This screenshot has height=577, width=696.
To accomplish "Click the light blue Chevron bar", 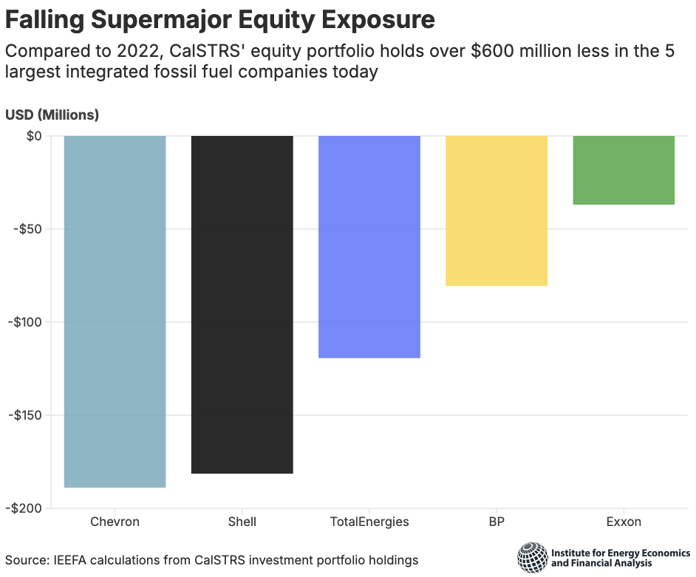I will pos(115,311).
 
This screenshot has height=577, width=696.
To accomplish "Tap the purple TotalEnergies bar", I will pos(369,247).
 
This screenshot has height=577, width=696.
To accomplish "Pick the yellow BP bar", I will pos(496,211).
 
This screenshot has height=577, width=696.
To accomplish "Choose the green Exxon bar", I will pos(624,170).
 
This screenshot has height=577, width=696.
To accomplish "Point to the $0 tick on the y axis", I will pos(33,136).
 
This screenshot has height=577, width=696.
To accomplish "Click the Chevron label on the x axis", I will pos(115,522).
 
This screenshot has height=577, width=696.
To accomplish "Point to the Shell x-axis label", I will pos(242,522).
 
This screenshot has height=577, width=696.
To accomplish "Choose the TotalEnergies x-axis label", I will pos(369,522).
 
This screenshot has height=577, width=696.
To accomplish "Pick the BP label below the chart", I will pos(497,522).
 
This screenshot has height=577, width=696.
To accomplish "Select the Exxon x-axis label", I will pos(624,522).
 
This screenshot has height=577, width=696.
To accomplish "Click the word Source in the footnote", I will pos(24,560).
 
